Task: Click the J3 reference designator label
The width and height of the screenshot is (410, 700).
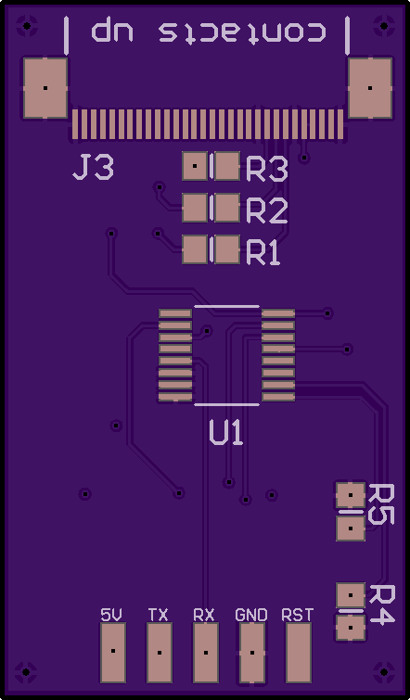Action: tap(94, 168)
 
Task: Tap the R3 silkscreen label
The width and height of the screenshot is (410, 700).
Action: tap(267, 170)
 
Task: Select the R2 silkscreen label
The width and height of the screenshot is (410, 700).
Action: tap(267, 211)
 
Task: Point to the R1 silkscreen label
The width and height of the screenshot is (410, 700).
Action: tap(263, 253)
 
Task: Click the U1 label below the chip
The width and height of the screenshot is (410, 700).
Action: tap(226, 433)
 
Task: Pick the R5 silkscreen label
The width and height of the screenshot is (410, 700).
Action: tap(380, 504)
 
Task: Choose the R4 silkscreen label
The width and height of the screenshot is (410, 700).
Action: tap(380, 605)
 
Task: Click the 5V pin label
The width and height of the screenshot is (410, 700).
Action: tap(111, 616)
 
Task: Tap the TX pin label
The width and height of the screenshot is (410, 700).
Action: tap(158, 616)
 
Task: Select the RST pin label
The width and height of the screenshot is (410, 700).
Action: tap(298, 616)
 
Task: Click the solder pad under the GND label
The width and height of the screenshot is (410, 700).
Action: tap(252, 653)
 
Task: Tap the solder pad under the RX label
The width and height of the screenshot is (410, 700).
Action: tap(206, 653)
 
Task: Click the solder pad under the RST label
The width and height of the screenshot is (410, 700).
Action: tap(299, 653)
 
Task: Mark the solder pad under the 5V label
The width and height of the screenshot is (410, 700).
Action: tap(113, 653)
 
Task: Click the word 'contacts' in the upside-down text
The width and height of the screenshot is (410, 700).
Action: tap(242, 32)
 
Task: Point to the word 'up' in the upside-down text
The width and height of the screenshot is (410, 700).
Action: tap(112, 29)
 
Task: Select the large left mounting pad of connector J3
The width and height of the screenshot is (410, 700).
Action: tap(45, 88)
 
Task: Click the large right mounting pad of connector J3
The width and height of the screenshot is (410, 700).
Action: tap(370, 88)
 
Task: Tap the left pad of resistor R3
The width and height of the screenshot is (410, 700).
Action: tap(195, 166)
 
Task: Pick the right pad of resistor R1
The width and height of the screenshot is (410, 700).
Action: tap(227, 249)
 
